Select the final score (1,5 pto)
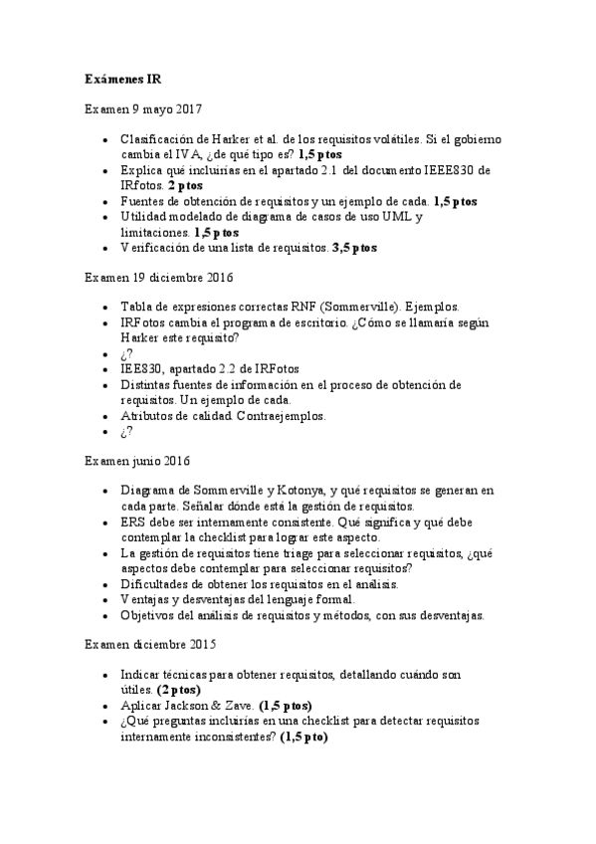pos(303,738)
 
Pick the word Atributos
pos(149,415)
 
